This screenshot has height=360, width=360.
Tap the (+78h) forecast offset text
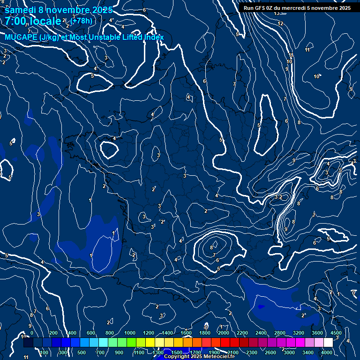click(x=81, y=21)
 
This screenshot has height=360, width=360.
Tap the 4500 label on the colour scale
click(x=336, y=333)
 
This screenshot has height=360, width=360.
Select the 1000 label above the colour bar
click(x=130, y=333)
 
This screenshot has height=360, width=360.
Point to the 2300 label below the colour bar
click(x=252, y=352)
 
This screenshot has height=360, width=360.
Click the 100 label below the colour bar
click(x=44, y=352)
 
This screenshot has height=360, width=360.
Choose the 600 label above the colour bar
click(x=91, y=333)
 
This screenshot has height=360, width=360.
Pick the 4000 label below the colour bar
click(x=327, y=352)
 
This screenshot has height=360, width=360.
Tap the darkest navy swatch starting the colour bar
click(x=28, y=343)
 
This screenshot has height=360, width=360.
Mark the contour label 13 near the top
click(x=277, y=13)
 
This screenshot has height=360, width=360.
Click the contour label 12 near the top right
click(x=280, y=23)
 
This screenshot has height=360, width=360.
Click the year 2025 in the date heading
click(x=102, y=10)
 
